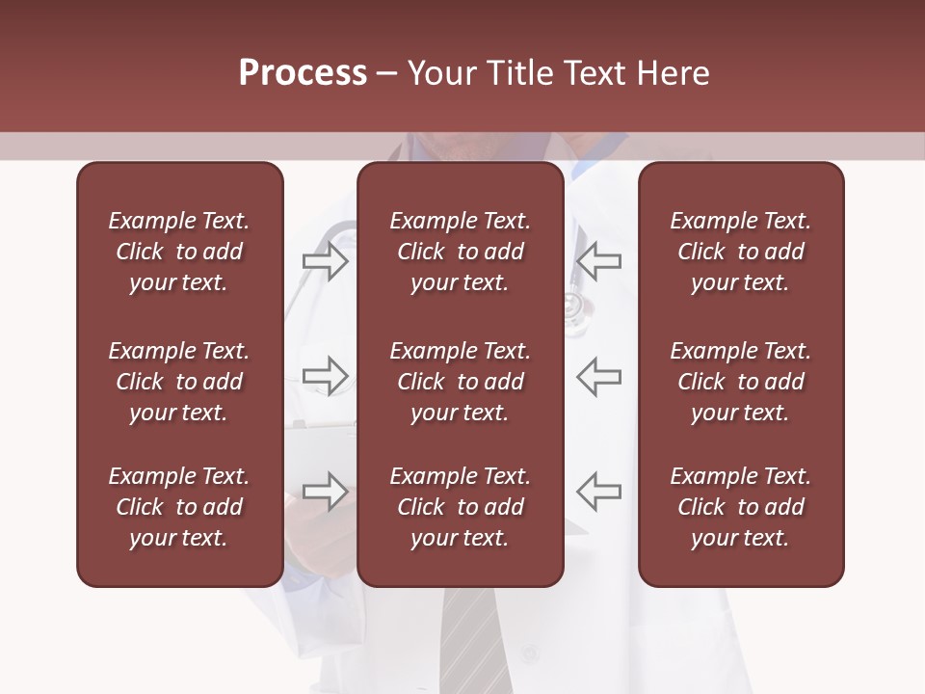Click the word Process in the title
click(x=303, y=73)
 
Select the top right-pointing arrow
click(x=326, y=261)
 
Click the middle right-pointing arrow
click(x=326, y=376)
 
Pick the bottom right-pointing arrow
click(x=326, y=492)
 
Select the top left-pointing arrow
click(x=599, y=261)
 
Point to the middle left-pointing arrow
click(x=599, y=376)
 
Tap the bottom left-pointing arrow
click(x=599, y=492)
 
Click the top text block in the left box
click(x=179, y=252)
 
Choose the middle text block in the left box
click(x=179, y=382)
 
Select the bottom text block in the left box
click(x=179, y=507)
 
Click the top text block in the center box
click(x=460, y=252)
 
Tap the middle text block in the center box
click(x=460, y=382)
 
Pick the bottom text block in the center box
click(x=460, y=507)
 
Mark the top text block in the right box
click(x=740, y=252)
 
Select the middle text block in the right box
click(x=740, y=382)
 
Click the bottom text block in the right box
click(x=740, y=507)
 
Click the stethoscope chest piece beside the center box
click(x=575, y=311)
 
